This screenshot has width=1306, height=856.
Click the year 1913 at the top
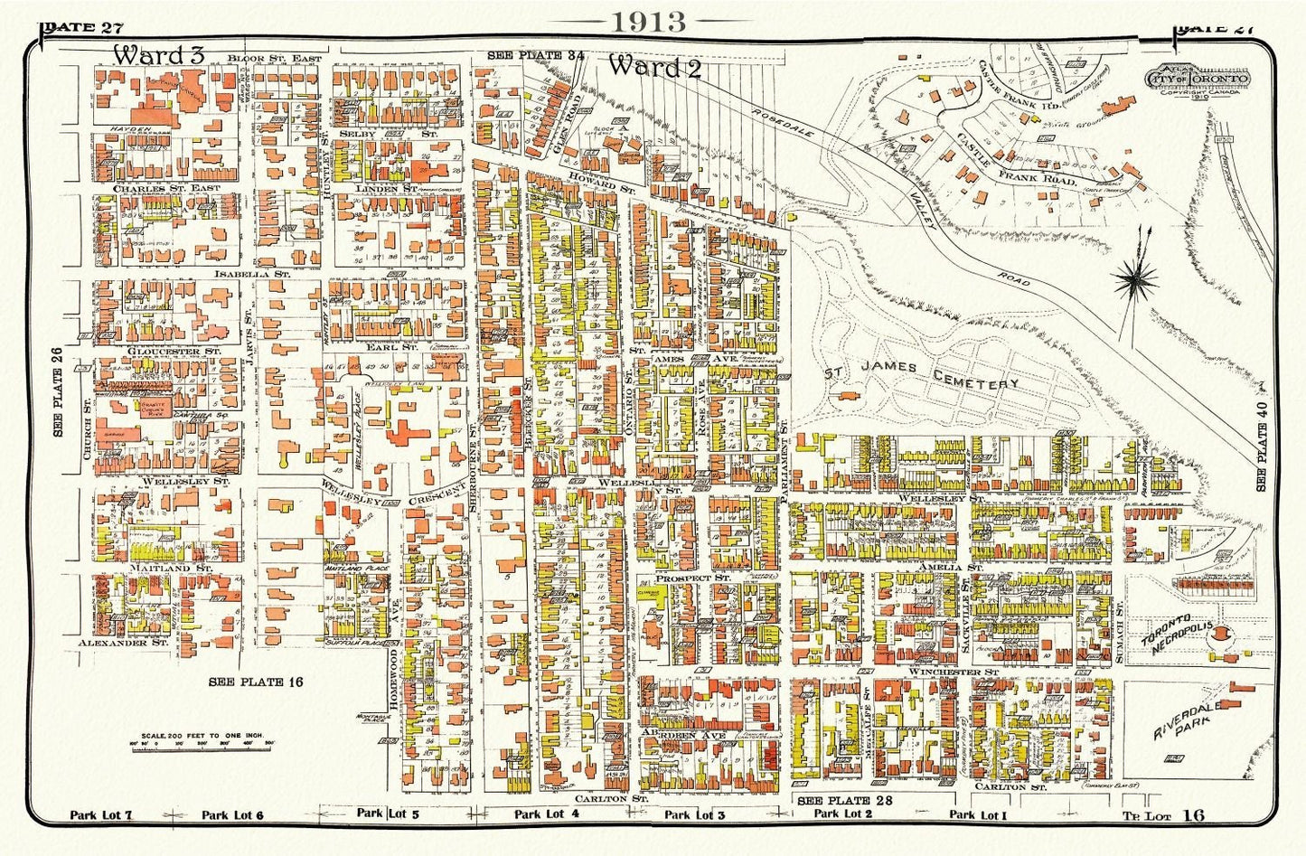650,22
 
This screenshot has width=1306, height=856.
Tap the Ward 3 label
158,54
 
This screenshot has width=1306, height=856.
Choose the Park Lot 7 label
101,815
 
